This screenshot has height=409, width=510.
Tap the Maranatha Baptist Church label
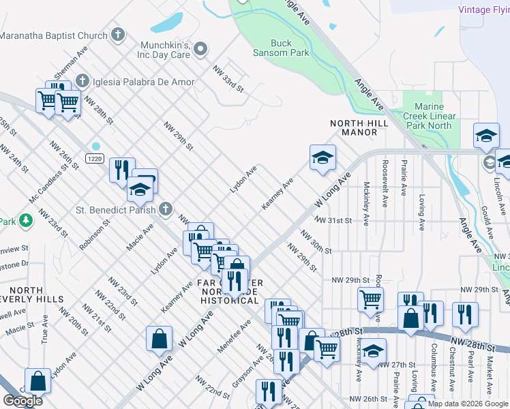[x=54, y=35]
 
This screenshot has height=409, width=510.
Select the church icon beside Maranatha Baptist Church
[x=118, y=34]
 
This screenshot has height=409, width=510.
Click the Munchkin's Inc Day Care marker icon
[x=200, y=48]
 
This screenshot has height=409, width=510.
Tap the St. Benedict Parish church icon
[x=165, y=209]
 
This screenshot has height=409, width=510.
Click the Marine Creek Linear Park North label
[x=429, y=116]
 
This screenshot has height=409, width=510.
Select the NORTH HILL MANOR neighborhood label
[x=359, y=127]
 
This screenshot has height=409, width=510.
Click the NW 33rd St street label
[x=228, y=78]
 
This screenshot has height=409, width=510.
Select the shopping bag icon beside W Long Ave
[x=159, y=338]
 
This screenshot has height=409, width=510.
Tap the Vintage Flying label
[x=483, y=10]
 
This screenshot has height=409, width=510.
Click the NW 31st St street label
[x=333, y=221]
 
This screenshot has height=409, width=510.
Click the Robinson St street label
[x=94, y=234]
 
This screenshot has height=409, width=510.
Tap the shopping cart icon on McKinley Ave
[x=370, y=299]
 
